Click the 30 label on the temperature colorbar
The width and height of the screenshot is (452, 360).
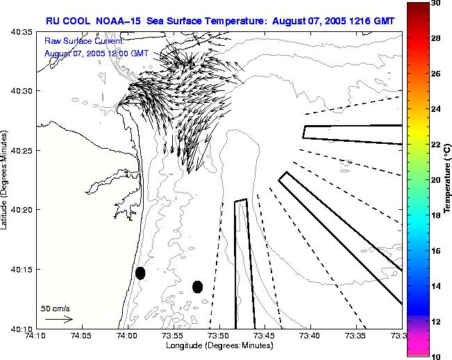[x=437, y=3]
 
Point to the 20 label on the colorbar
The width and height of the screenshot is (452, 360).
[x=437, y=179]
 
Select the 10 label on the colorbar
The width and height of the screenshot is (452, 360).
[x=437, y=355]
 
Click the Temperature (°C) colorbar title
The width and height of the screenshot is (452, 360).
[x=448, y=179]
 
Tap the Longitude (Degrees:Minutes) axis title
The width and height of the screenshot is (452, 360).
[x=219, y=346]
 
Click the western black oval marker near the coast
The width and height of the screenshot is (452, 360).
[x=140, y=273]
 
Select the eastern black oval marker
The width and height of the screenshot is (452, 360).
[x=197, y=286]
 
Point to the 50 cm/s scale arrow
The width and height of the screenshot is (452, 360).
[x=58, y=320]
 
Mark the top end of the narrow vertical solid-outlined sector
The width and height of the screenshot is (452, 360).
[x=241, y=201]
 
